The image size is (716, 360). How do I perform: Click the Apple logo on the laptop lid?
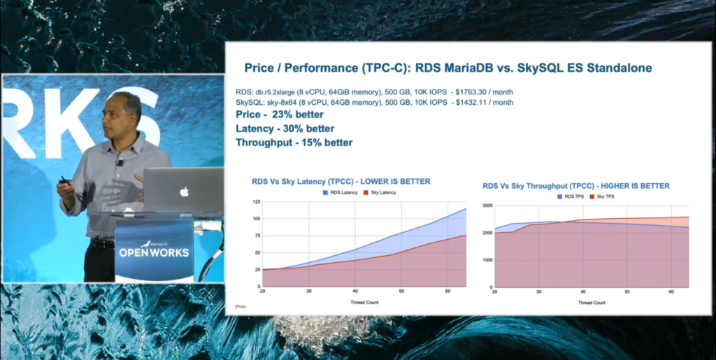(185, 192)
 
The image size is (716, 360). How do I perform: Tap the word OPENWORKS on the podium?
(154, 252)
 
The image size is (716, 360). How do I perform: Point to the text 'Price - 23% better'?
(280, 115)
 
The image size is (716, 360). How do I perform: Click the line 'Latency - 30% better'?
(285, 129)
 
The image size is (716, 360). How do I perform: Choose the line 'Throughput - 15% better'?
(294, 143)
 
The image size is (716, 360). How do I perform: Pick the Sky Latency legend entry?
(380, 192)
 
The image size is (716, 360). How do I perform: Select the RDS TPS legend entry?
(573, 197)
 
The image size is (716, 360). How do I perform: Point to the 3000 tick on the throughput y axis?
(487, 206)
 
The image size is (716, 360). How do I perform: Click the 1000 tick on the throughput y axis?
(487, 260)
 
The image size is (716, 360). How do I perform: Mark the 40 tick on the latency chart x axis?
(355, 291)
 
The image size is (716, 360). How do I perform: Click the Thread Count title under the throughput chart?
(591, 303)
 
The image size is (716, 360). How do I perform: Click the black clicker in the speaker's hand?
(64, 181)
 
